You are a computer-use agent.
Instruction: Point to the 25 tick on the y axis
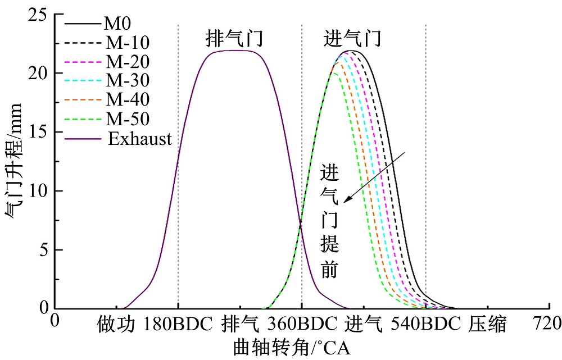(39, 15)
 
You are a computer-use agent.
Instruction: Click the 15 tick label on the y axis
(39, 132)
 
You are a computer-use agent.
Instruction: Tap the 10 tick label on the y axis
(39, 191)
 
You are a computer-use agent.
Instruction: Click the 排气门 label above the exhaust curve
(234, 40)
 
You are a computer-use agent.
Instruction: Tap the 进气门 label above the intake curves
(353, 40)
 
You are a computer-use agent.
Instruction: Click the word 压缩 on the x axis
(487, 325)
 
